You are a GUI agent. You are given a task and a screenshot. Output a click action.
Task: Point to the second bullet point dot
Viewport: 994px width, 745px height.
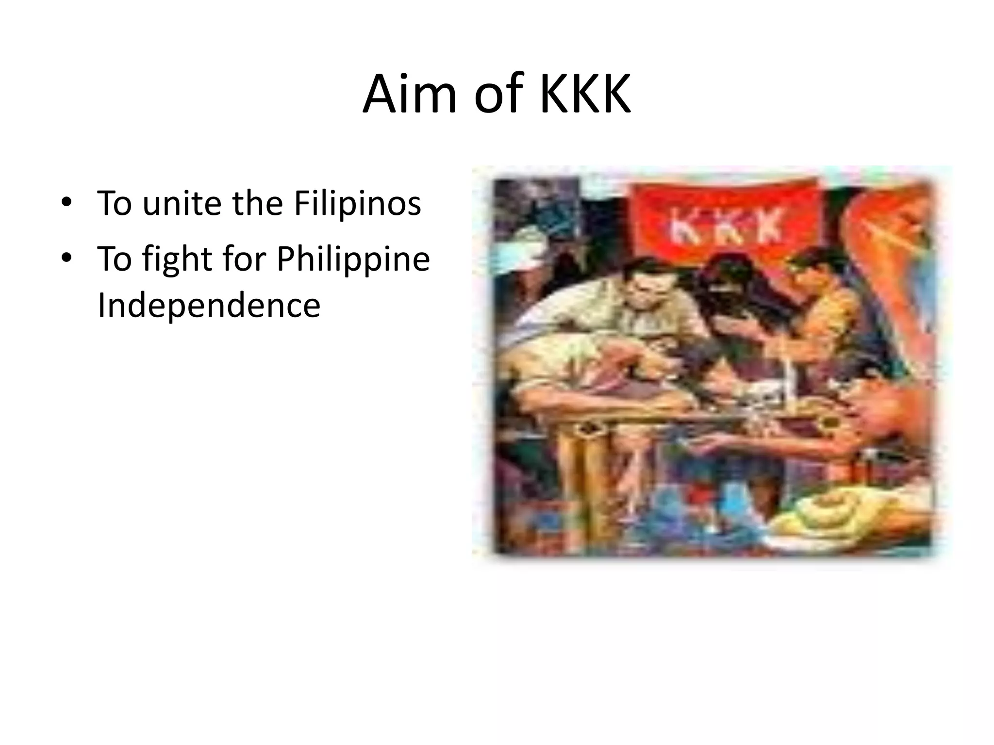click(x=66, y=258)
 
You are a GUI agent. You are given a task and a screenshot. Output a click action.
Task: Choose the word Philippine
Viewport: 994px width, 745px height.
click(x=353, y=260)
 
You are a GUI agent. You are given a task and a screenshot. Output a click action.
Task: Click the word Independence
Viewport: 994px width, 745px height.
click(x=209, y=305)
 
